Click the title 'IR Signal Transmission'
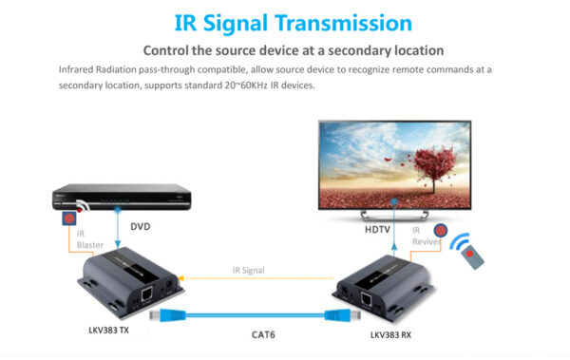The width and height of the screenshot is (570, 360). [x=284, y=22]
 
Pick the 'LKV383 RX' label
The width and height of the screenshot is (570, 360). [x=393, y=335]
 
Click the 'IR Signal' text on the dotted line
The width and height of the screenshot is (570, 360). [x=248, y=270]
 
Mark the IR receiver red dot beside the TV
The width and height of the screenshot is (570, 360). [x=440, y=231]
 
